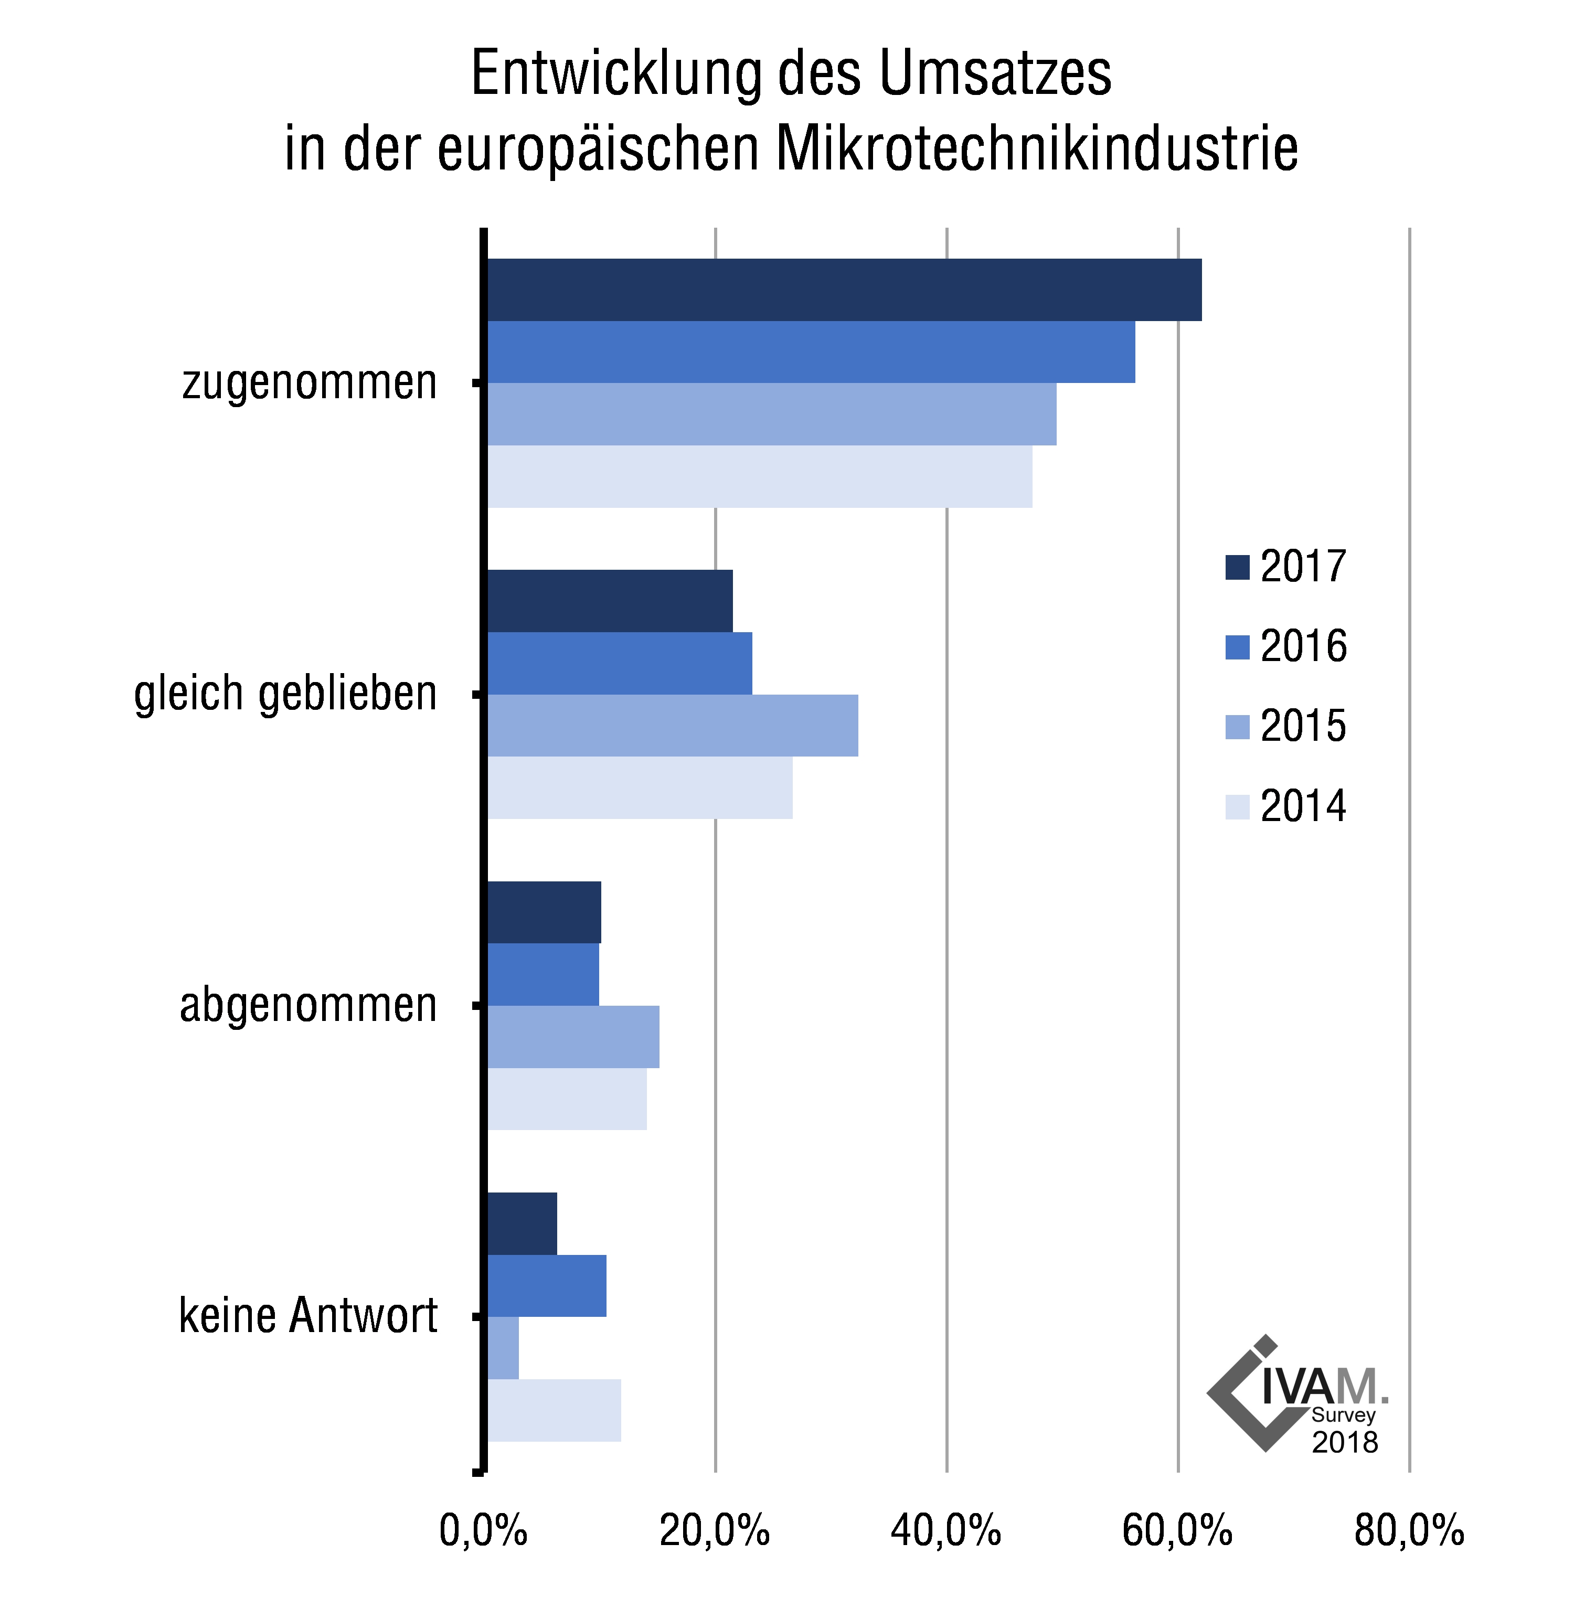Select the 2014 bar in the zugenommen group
coord(759,477)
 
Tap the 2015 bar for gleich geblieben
coord(672,726)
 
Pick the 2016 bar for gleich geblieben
coord(619,664)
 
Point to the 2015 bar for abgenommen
coord(573,1037)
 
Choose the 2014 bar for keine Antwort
coord(554,1411)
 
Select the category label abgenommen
coord(309,1006)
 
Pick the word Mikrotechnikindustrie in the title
coord(1037,150)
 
